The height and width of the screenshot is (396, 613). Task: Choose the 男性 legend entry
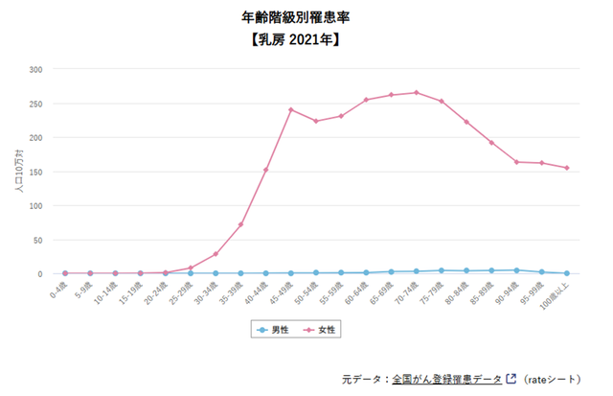point(275,329)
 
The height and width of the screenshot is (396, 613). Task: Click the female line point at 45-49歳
point(290,109)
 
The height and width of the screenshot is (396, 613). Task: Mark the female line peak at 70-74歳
point(416,93)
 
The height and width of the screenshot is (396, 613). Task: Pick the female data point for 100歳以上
point(567,168)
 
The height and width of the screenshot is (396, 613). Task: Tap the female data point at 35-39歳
point(240,224)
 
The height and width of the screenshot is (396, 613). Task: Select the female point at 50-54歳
point(315,121)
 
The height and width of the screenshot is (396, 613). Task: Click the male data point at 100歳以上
point(567,273)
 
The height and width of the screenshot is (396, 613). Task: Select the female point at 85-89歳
point(491,143)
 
